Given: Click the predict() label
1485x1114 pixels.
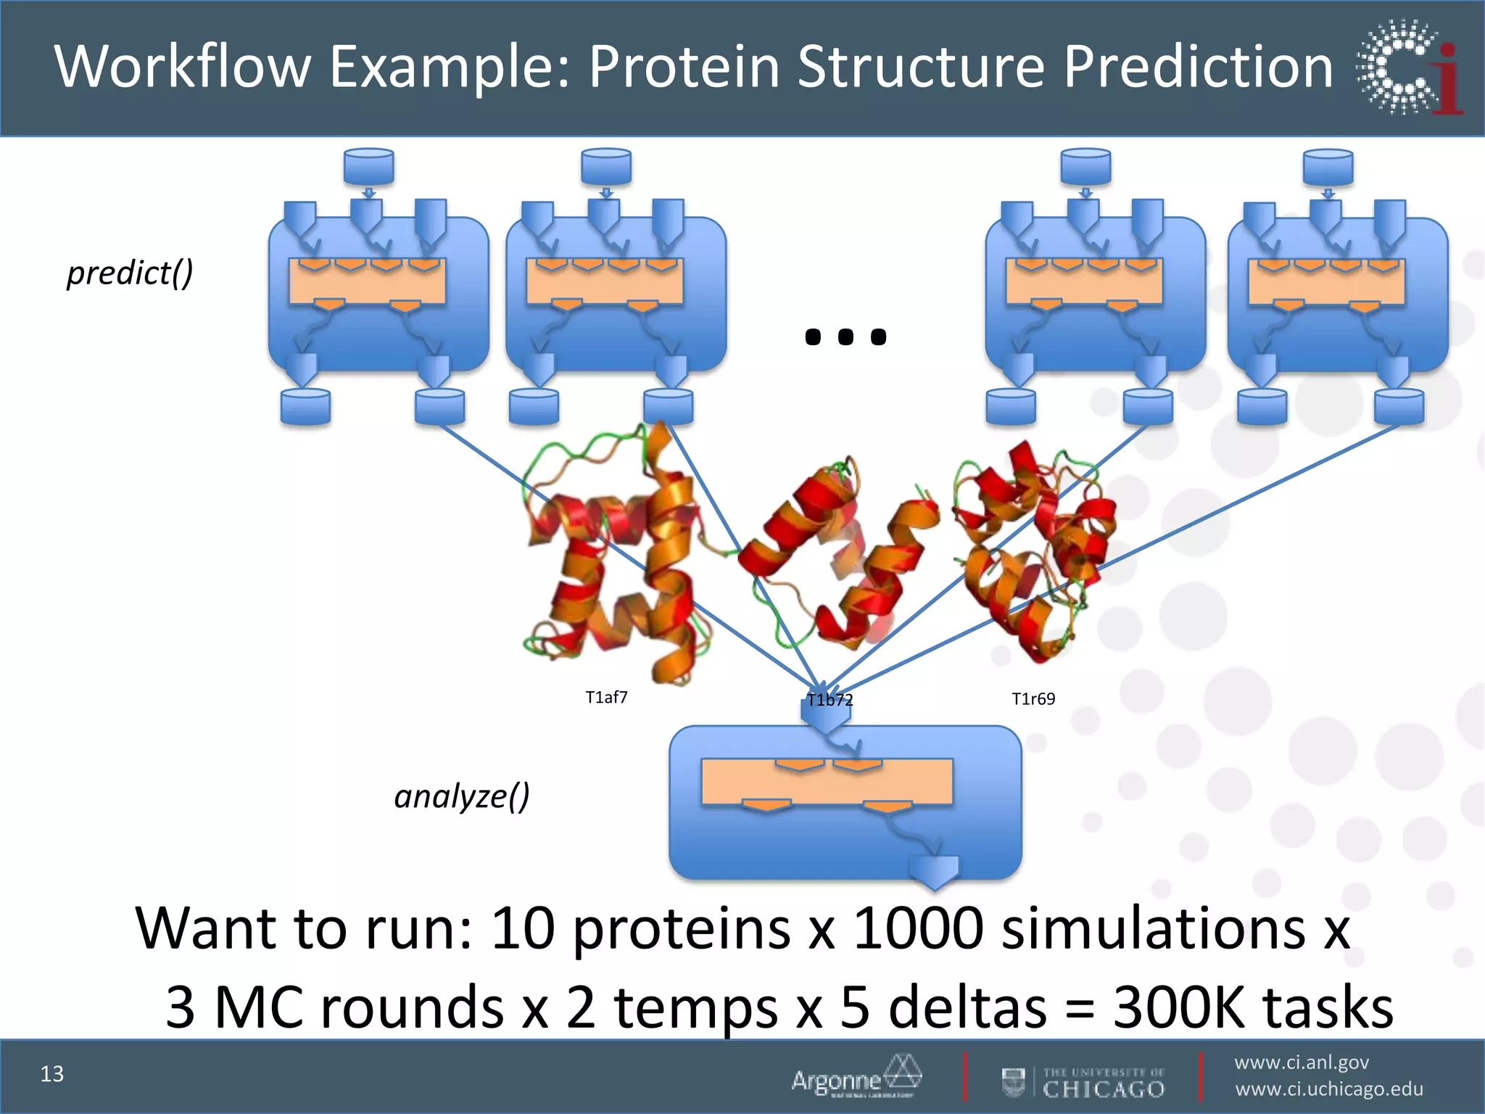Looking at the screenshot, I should (x=130, y=273).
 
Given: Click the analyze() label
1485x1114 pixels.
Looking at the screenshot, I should (x=462, y=796).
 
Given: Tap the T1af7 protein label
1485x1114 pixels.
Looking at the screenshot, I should (x=606, y=698).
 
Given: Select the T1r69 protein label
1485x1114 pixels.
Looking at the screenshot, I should (x=1033, y=699).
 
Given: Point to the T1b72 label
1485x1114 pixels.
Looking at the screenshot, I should (x=830, y=701).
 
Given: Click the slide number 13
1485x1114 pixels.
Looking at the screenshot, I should (x=52, y=1074).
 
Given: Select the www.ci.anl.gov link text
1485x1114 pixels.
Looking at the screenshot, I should (x=1302, y=1063).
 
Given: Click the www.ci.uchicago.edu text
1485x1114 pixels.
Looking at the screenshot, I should (x=1329, y=1089).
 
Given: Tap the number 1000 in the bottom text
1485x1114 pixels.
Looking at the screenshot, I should (x=918, y=928).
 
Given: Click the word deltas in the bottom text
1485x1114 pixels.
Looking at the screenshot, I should (x=967, y=1007).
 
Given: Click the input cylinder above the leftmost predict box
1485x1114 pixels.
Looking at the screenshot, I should (x=368, y=167).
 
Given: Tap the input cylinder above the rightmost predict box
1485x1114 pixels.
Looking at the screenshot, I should (x=1328, y=167).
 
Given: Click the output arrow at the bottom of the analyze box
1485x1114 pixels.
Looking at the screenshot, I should (x=934, y=870).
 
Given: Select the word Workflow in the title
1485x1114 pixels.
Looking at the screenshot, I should (x=183, y=67).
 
